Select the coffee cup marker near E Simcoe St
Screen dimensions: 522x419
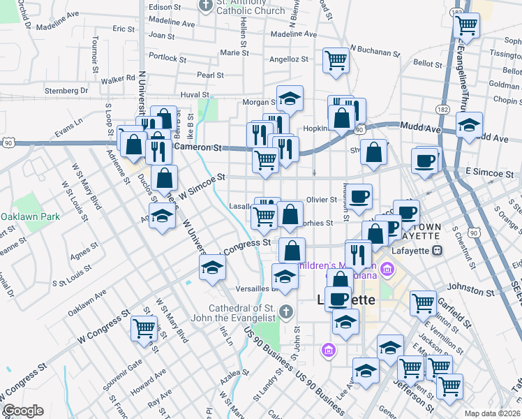[x=424, y=161]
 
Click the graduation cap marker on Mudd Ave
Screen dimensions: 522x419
[x=469, y=126]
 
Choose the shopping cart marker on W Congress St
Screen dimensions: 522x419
[x=144, y=327]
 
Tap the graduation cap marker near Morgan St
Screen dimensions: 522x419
[x=290, y=99]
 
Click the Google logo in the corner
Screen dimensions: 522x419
[x=22, y=411]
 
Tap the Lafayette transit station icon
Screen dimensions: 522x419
[x=438, y=249]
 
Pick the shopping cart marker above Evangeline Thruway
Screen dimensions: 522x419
[x=466, y=26]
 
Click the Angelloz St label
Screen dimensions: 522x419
[x=288, y=60]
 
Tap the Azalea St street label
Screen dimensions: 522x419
[x=230, y=376]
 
